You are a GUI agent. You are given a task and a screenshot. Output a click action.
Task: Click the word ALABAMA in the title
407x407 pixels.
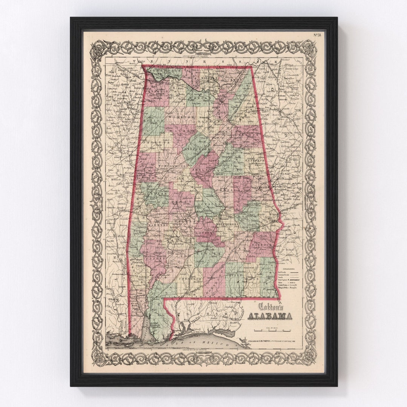(269, 315)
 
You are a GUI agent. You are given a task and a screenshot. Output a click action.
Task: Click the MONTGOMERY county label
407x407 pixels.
(227, 224)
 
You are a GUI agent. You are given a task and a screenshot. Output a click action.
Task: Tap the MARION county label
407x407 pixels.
(154, 121)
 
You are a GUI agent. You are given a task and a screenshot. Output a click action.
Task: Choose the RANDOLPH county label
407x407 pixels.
(255, 160)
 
